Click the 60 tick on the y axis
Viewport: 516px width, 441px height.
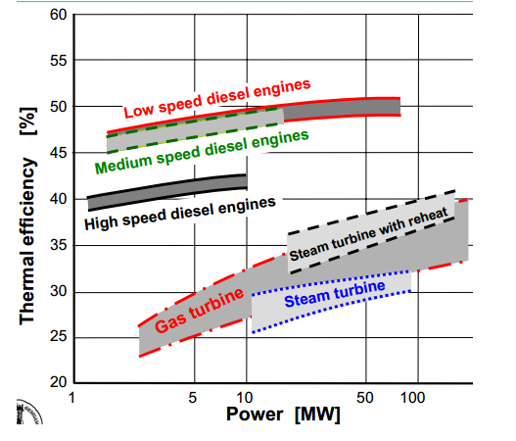click(x=57, y=15)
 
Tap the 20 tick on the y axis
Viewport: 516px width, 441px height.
click(x=57, y=382)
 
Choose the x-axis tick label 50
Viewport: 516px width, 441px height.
click(x=365, y=399)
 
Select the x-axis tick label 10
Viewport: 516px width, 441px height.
click(x=247, y=399)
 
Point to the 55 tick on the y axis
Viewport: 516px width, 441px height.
click(x=57, y=61)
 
